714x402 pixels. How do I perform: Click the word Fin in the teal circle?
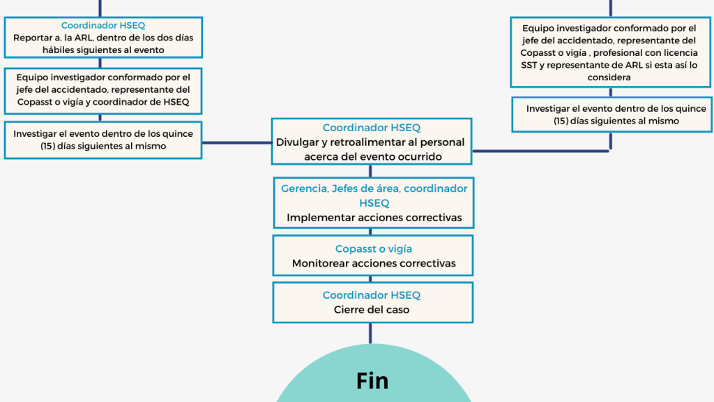pyautogui.click(x=372, y=380)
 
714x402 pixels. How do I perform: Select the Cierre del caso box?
pyautogui.click(x=372, y=302)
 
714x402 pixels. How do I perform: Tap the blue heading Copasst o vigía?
pyautogui.click(x=373, y=248)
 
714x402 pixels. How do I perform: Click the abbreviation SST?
pyautogui.click(x=529, y=65)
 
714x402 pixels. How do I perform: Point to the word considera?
pyautogui.click(x=609, y=77)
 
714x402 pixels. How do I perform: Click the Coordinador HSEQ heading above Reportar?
pyautogui.click(x=103, y=25)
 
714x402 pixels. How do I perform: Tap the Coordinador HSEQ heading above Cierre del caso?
pyautogui.click(x=372, y=295)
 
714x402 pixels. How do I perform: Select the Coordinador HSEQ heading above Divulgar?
pyautogui.click(x=372, y=128)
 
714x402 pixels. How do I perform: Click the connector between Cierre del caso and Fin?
pyautogui.click(x=370, y=333)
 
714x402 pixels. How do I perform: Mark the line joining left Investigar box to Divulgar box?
pyautogui.click(x=236, y=143)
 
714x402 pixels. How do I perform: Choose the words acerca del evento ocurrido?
pyautogui.click(x=373, y=156)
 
